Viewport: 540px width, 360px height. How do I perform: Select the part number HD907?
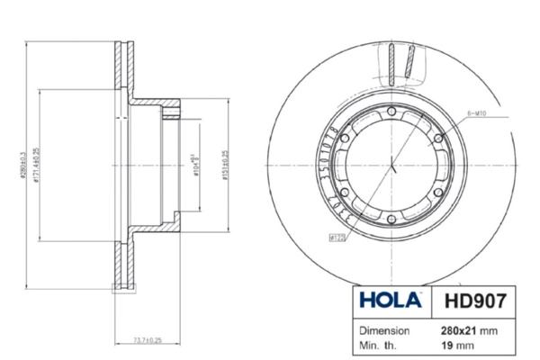point(471,297)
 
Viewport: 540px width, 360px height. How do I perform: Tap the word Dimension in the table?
point(385,330)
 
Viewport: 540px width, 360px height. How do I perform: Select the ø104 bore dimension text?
point(195,165)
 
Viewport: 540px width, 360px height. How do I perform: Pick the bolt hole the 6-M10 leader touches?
point(438,137)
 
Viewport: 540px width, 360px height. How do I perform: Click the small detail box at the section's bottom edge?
point(117,289)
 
